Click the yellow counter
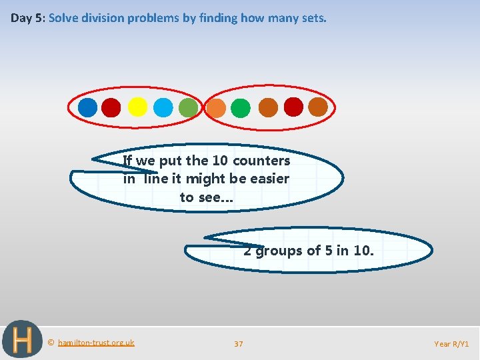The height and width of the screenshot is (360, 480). coord(137,107)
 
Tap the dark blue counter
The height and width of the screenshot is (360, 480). coord(87,107)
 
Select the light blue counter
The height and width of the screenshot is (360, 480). coord(163,107)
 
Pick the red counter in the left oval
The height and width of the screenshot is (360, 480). coord(111,107)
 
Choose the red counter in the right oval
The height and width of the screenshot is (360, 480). coord(293,107)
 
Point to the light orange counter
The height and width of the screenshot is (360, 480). coord(216,108)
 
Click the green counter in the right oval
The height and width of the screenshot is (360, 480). coord(241,108)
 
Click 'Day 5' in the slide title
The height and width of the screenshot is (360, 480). coord(26,18)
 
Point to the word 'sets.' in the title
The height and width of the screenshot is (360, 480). coord(313,18)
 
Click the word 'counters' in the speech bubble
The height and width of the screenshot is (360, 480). coord(261,161)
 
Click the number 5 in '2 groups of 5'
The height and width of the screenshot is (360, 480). coord(329,251)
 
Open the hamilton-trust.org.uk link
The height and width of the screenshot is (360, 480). coord(96,343)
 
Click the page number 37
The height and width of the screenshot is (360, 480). coord(239,344)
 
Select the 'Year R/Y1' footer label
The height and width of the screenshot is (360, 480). coord(451,344)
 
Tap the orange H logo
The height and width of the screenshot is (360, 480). coord(23,340)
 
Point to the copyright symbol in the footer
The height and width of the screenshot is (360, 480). coord(51,343)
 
